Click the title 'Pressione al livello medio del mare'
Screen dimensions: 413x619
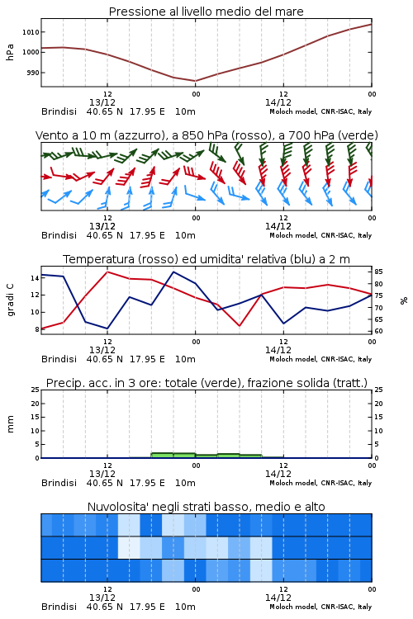coord(206,12)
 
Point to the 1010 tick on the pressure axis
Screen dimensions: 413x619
coord(31,32)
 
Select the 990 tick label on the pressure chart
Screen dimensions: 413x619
coord(32,73)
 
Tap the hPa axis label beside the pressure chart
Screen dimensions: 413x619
coord(10,52)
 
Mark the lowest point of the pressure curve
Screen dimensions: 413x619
coord(195,81)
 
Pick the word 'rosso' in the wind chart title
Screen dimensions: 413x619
coord(247,135)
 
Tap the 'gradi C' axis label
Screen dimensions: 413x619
coord(11,300)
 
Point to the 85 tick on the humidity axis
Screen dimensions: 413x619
coord(378,272)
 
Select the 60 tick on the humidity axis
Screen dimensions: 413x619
coord(378,331)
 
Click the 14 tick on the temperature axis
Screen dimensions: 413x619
coord(36,278)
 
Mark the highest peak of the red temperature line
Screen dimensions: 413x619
coord(107,272)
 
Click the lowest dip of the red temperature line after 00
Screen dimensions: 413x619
coord(240,326)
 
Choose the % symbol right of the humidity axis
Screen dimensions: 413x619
coord(404,300)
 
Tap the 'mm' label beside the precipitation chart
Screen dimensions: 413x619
coord(11,424)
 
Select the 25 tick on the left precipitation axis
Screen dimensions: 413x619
coord(36,390)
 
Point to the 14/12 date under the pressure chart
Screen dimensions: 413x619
coord(278,102)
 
